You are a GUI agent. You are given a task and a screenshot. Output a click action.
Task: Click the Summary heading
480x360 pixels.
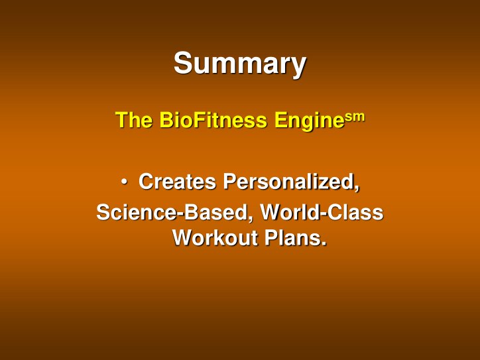tap(239, 64)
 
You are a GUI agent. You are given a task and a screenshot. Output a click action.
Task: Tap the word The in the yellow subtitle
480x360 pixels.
tap(135, 121)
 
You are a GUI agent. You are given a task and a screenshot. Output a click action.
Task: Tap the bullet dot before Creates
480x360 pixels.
tap(125, 181)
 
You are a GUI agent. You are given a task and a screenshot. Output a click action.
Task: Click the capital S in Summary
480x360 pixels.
tap(182, 64)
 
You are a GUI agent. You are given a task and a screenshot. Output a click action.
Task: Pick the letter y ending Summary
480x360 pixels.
tap(298, 67)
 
